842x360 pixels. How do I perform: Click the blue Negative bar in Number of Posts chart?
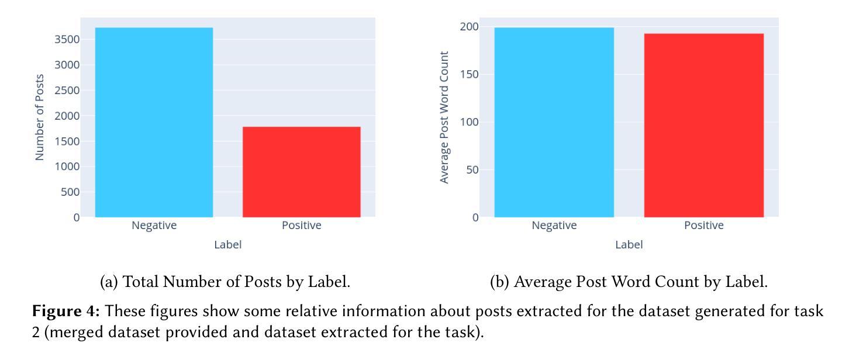point(154,122)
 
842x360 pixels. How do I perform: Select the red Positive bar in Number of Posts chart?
point(301,172)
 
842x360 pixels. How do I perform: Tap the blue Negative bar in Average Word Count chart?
point(554,122)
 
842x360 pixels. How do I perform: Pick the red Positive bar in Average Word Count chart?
point(703,125)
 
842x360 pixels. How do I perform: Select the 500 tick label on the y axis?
point(70,192)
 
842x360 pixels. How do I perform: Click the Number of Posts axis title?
point(40,117)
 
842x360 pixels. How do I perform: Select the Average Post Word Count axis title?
point(444,117)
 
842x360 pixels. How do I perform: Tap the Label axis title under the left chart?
point(227,245)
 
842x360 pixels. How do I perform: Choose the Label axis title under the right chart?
point(629,245)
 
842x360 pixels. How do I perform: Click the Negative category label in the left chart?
point(154,226)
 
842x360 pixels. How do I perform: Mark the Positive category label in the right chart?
point(703,226)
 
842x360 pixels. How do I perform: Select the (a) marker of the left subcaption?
point(109,282)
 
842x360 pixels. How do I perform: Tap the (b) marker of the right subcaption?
point(499,282)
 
